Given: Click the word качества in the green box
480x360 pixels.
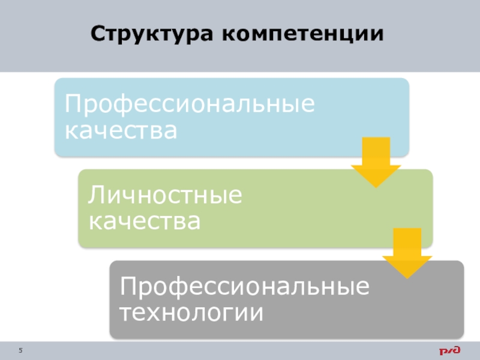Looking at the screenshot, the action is (x=145, y=222).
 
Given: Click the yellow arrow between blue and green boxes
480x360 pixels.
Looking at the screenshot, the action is (x=376, y=162).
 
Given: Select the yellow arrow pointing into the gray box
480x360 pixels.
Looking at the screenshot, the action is (x=407, y=252).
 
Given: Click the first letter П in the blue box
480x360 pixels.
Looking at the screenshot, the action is (x=73, y=104).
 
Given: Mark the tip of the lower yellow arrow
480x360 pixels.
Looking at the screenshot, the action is (x=407, y=277).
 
